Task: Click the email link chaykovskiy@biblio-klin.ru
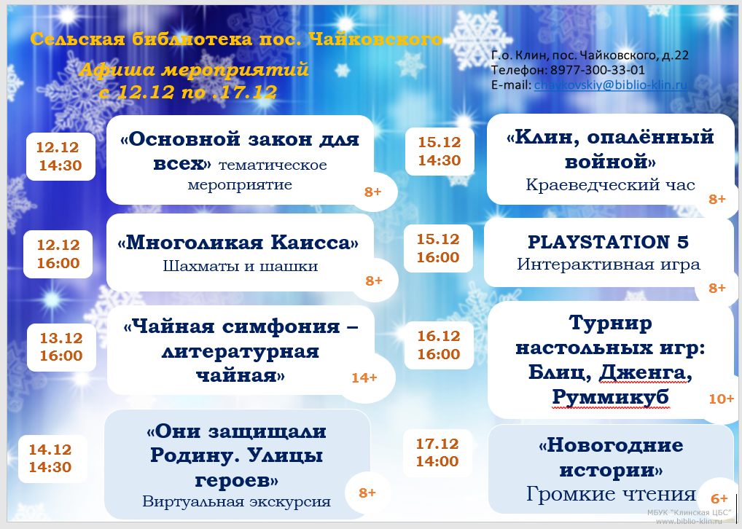[x=611, y=85]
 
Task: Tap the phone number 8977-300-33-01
[x=598, y=70]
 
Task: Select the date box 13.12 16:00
[x=61, y=348]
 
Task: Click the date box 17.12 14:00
[x=438, y=452]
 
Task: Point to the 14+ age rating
[x=364, y=377]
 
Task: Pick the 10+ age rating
[x=721, y=399]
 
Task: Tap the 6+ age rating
[x=719, y=498]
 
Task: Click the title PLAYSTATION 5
[x=608, y=242]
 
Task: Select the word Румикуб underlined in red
[x=611, y=396]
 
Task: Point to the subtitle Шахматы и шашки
[x=241, y=266]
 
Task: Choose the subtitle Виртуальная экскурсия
[x=237, y=501]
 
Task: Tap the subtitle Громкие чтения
[x=611, y=493]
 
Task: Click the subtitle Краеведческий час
[x=611, y=184]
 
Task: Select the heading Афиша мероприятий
[x=194, y=70]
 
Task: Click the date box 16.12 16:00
[x=439, y=345]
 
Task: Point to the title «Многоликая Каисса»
[x=238, y=242]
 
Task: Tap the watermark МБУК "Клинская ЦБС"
[x=689, y=512]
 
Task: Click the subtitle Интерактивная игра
[x=609, y=264]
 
